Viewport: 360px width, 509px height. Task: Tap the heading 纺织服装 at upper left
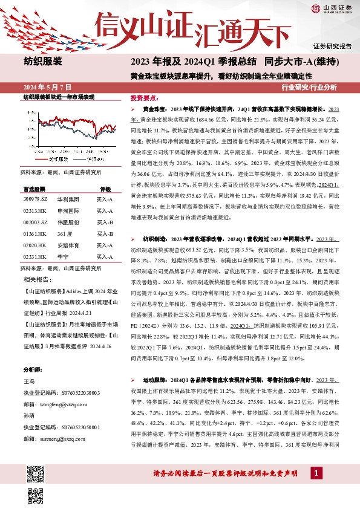coord(43,61)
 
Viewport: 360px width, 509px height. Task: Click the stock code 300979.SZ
coord(36,198)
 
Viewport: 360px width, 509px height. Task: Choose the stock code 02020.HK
coord(36,245)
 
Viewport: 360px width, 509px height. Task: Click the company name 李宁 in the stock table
coord(62,256)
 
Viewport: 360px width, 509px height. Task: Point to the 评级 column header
coord(105,189)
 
